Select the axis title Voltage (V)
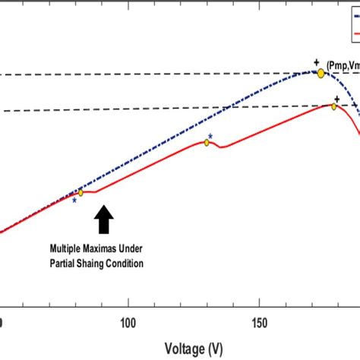pos(194,348)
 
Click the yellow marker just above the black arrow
pos(81,193)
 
